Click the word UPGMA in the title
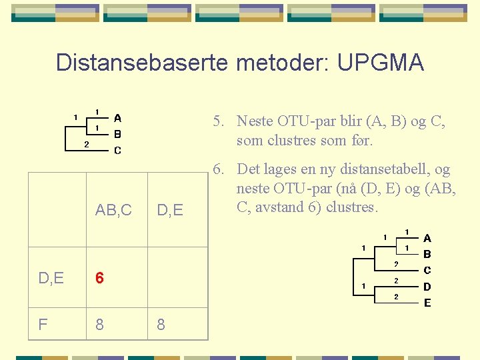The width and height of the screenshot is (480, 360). [381, 62]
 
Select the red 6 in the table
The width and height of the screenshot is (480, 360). [99, 278]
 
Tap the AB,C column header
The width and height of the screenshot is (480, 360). [113, 211]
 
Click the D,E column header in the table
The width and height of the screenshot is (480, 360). [169, 211]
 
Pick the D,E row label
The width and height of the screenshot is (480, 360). [50, 278]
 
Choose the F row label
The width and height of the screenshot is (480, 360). [43, 325]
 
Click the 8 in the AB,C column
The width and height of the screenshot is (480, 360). [99, 325]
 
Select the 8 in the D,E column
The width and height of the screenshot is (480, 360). [161, 325]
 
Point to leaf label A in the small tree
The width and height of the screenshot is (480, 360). [117, 118]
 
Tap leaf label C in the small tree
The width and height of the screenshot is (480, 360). [117, 151]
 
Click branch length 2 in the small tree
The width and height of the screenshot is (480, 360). [86, 144]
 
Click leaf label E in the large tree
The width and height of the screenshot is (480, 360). [427, 303]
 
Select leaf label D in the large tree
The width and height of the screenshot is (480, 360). [427, 287]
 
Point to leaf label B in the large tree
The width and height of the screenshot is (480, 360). [427, 254]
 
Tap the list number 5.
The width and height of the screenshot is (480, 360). [217, 121]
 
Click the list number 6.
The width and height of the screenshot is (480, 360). [217, 169]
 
